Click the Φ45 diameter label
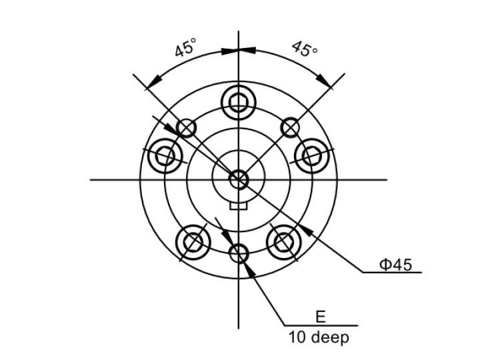(x=395, y=265)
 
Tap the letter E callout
(x=320, y=317)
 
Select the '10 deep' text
(x=319, y=337)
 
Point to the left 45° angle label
(x=185, y=47)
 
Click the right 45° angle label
(x=305, y=49)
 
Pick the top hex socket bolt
(x=239, y=102)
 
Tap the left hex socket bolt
(x=165, y=156)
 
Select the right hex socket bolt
(x=311, y=156)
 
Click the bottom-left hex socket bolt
(x=193, y=243)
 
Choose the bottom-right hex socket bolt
(x=284, y=242)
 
